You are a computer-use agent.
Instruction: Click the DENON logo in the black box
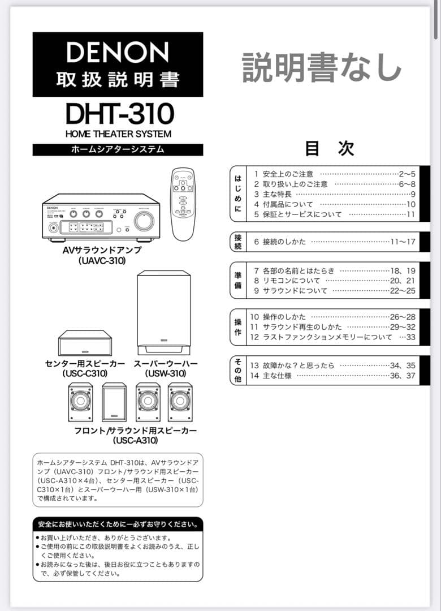(x=118, y=53)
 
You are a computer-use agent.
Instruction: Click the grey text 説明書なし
(x=322, y=67)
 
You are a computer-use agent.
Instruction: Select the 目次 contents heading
(x=330, y=148)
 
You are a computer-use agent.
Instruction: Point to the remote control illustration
(x=183, y=204)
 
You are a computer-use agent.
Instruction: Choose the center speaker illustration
(x=85, y=343)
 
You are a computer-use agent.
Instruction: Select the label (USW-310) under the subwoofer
(x=166, y=373)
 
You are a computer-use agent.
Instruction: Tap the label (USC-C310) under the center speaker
(x=85, y=373)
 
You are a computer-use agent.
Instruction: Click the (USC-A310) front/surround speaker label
(x=136, y=440)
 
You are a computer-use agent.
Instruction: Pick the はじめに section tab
(x=238, y=193)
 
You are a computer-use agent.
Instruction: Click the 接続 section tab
(x=238, y=242)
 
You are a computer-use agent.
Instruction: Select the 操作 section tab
(x=238, y=327)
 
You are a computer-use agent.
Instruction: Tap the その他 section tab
(x=238, y=371)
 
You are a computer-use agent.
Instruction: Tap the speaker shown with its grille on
(x=114, y=402)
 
